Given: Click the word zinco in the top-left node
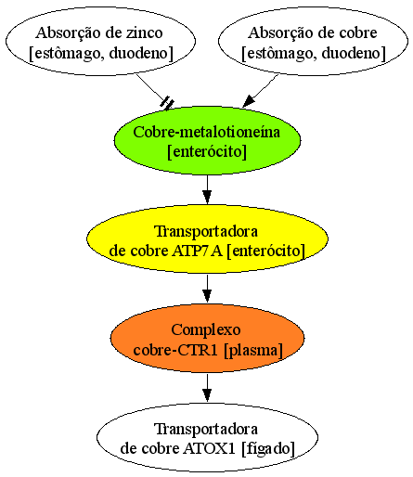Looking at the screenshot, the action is click(144, 32).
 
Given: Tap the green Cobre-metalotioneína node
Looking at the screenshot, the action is click(207, 141).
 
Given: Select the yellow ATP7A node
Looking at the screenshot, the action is click(207, 238).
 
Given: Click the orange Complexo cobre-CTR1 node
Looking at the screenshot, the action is click(207, 338).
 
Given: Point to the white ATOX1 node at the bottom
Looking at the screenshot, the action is click(207, 437).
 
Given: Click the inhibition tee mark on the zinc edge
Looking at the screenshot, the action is click(167, 103).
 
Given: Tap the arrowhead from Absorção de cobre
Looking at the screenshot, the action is click(249, 101).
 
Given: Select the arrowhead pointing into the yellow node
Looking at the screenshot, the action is click(207, 198).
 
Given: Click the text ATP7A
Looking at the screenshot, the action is click(197, 251).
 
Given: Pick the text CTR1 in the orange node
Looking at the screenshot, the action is click(201, 350).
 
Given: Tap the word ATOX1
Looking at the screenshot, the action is click(210, 448).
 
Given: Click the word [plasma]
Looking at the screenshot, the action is click(253, 351).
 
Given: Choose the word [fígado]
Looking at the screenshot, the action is click(268, 449).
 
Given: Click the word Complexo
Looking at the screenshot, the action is click(206, 330).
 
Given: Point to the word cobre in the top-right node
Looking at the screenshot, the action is click(359, 32).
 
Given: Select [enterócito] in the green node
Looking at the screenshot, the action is click(207, 152).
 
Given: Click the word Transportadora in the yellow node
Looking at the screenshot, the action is click(206, 232).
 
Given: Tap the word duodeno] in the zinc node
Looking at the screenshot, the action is click(141, 54).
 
